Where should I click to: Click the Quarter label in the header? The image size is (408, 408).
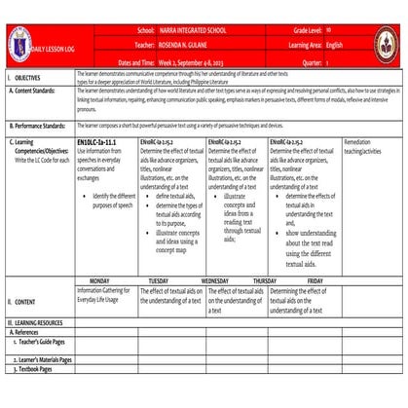pos(316,59)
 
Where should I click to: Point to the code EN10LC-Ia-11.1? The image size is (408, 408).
pos(96,142)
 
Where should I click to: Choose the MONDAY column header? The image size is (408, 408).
pos(106,279)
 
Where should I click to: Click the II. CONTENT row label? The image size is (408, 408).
pos(25,303)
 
